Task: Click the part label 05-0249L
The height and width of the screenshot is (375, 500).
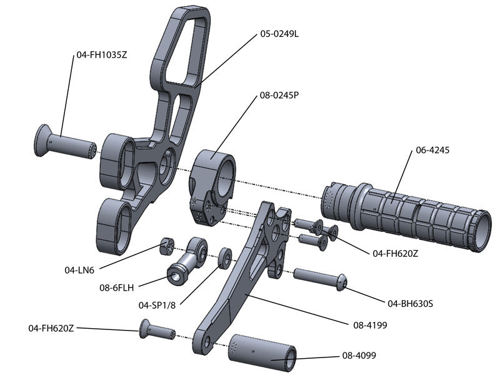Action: click(279, 34)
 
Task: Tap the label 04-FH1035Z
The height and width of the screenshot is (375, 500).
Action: click(102, 54)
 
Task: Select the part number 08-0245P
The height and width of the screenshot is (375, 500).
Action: click(279, 96)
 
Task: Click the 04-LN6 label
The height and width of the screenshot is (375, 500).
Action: click(79, 270)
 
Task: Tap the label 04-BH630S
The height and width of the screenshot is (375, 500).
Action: click(411, 304)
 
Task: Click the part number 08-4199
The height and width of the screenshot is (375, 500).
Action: click(366, 324)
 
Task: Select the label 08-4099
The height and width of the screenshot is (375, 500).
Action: click(359, 356)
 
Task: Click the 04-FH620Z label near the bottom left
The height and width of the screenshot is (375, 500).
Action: click(51, 327)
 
